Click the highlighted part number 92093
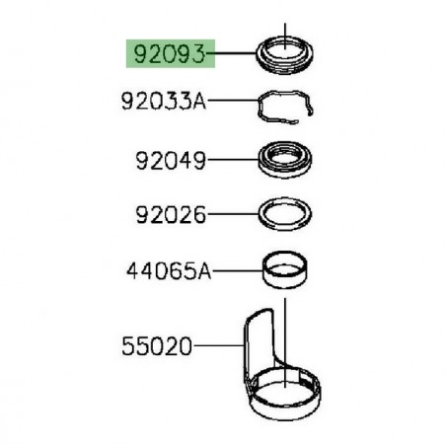pos(166,52)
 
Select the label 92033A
pos(164,100)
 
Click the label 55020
pos(158,346)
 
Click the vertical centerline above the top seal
pos(283,28)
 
